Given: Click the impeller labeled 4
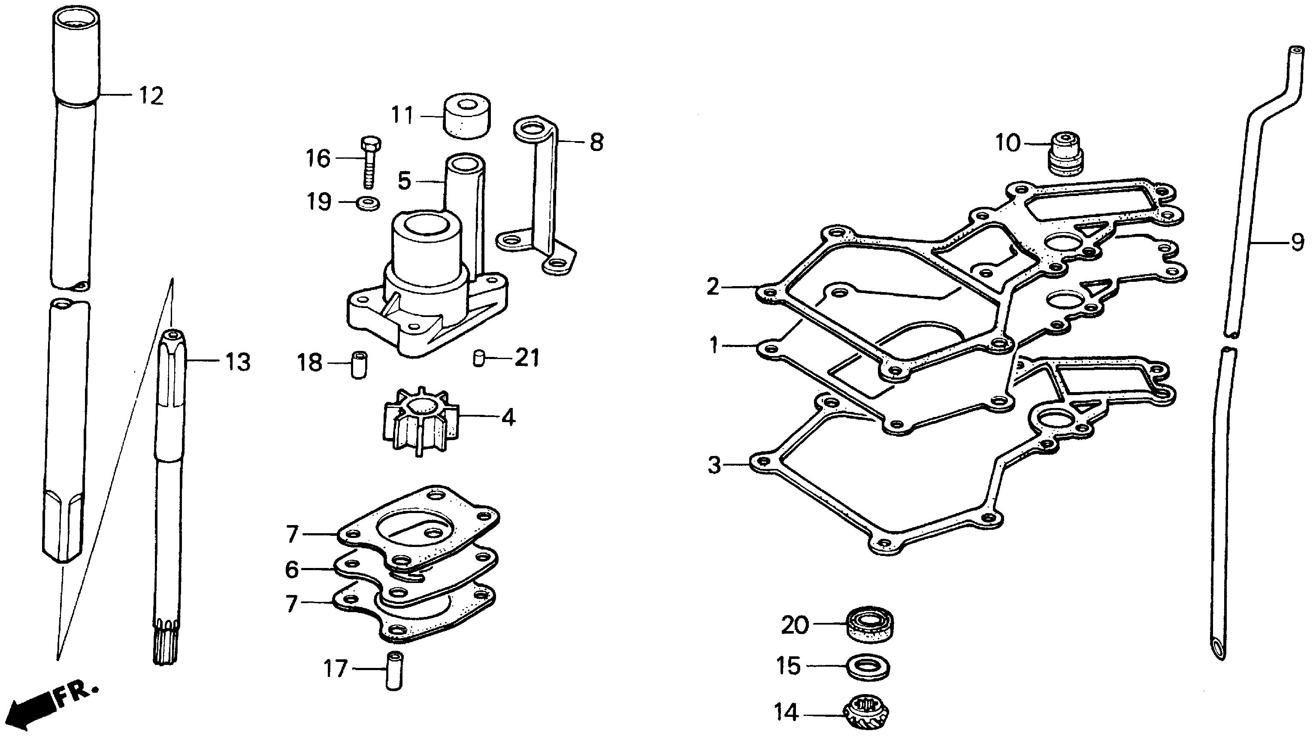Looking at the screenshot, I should (420, 420).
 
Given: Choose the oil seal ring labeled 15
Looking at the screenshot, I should (868, 668).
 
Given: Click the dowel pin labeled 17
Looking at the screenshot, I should (394, 671).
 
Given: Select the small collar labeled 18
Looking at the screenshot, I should (359, 364).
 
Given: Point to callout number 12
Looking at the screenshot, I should (151, 96).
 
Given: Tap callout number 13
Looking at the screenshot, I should (238, 362).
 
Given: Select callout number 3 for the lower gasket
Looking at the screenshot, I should (714, 466).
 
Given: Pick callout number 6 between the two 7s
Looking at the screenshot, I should (292, 569).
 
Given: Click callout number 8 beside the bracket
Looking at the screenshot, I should (596, 142).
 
